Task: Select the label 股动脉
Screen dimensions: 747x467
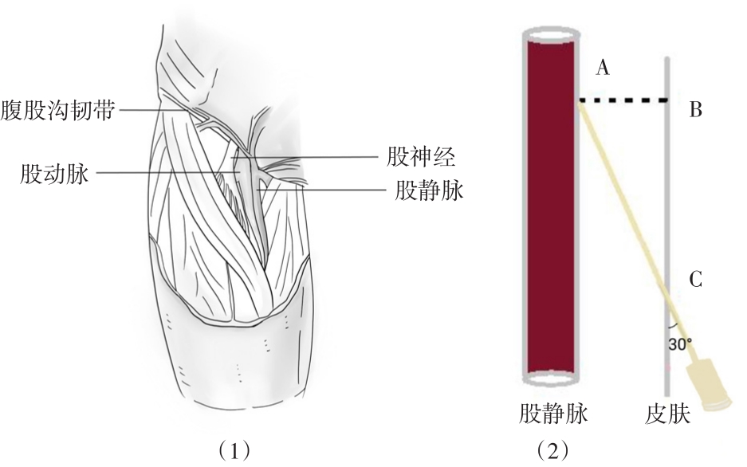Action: tap(54, 173)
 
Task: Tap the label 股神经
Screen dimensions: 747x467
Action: tap(421, 157)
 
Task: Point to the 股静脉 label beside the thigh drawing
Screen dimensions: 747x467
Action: tap(429, 191)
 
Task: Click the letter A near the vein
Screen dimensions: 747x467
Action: tap(603, 68)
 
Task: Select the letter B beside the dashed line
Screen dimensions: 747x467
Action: tap(696, 109)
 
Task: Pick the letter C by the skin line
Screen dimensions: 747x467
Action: tap(696, 280)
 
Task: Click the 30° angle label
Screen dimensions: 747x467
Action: tap(680, 343)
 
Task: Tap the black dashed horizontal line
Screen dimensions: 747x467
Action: tap(623, 100)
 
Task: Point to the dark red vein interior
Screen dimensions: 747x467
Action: tap(552, 206)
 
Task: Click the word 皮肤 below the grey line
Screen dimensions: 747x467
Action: tap(668, 414)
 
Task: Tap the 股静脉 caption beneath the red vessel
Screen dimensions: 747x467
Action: tap(553, 414)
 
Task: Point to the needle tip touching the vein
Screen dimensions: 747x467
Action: tap(580, 104)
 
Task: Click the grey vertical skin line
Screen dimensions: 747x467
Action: tap(667, 226)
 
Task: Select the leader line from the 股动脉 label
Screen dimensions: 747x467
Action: tap(167, 172)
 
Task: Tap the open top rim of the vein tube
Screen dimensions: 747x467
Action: tap(552, 35)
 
